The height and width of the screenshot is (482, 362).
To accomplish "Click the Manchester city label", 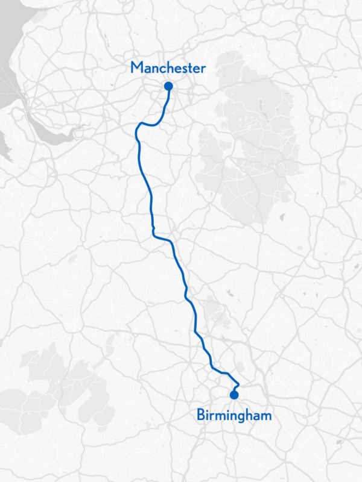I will [168, 68].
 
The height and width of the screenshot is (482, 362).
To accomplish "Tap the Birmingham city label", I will [233, 415].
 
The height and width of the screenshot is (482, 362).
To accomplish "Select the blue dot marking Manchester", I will [168, 87].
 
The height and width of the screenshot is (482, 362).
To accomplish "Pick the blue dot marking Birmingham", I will [233, 395].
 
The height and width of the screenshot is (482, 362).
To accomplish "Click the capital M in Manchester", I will [136, 68].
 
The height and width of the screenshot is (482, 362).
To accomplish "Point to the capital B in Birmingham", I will [200, 415].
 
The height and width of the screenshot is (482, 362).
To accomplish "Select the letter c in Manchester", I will [165, 69].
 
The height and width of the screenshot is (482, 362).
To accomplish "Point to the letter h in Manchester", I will [172, 68].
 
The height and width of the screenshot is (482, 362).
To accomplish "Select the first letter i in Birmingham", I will [207, 415].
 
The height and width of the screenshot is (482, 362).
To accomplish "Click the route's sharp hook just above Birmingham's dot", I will [239, 383].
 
